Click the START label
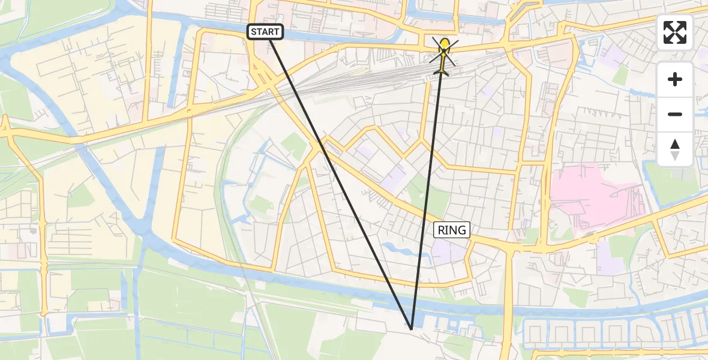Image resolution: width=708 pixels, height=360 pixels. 265,32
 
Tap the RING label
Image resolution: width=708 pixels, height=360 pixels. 452,230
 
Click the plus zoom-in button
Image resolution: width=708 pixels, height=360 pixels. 675,79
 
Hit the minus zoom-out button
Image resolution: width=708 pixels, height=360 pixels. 675,114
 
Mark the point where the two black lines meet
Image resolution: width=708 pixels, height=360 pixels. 411,329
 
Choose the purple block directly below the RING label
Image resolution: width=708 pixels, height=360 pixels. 447,252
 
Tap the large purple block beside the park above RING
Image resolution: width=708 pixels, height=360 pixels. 393,180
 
